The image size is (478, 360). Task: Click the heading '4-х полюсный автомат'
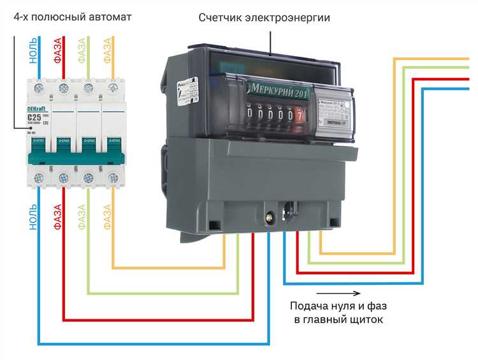coord(72,16)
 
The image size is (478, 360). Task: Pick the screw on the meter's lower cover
coord(272,217)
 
